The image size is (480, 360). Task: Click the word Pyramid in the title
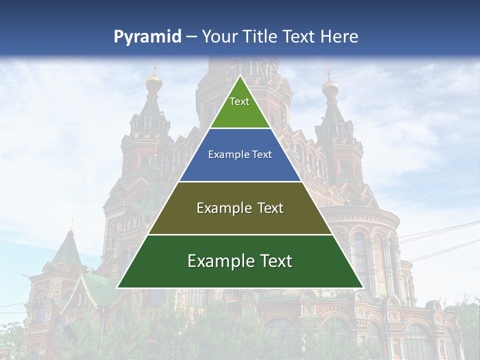tap(147, 37)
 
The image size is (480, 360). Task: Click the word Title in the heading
tap(259, 36)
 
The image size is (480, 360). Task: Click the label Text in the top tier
tap(239, 101)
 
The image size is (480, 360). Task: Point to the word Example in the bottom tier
tap(218, 261)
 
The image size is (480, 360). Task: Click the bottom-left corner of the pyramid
tap(117, 287)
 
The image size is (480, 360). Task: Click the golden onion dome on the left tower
tap(153, 83)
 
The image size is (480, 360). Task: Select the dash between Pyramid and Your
tap(191, 37)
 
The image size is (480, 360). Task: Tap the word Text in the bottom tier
tap(275, 261)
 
